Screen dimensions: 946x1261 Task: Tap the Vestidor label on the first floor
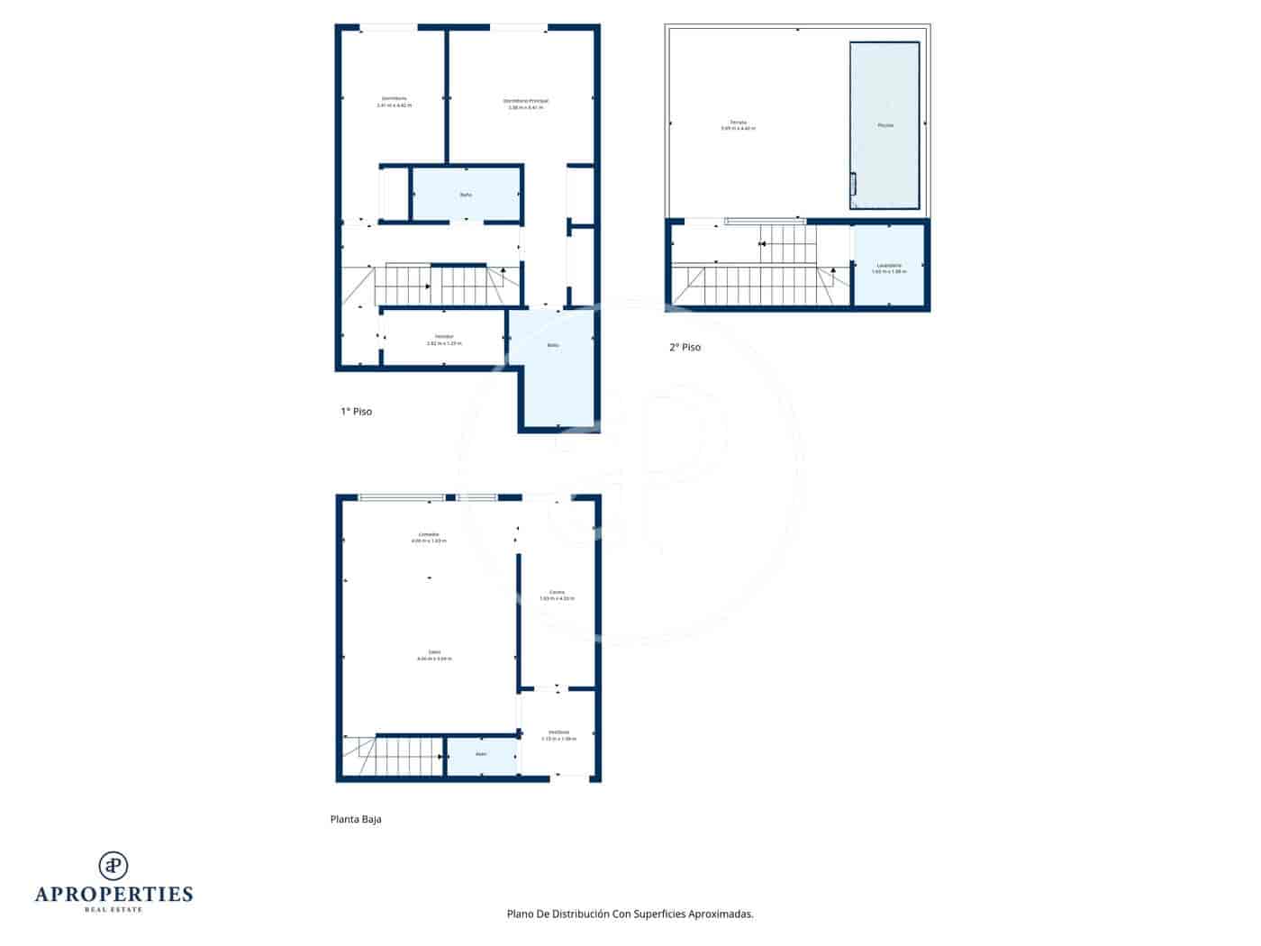(x=443, y=340)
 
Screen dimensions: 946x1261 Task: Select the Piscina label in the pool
(x=885, y=125)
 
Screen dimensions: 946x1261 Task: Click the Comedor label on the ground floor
(x=429, y=537)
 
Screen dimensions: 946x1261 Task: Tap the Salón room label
(x=434, y=655)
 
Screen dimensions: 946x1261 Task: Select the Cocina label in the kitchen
(x=557, y=595)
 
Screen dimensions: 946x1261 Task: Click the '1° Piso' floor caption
(x=356, y=412)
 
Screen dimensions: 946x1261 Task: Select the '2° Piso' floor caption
(x=685, y=348)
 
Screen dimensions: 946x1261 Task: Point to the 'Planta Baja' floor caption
(x=356, y=820)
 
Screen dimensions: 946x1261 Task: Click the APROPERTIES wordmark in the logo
(x=113, y=895)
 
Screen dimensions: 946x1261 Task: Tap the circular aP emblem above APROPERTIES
(x=113, y=865)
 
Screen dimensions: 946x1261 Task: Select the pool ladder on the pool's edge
(x=853, y=185)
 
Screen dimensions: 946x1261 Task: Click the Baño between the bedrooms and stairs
(x=466, y=195)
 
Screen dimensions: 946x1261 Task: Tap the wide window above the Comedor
(x=402, y=497)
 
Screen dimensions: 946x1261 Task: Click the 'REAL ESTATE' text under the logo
(x=113, y=910)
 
